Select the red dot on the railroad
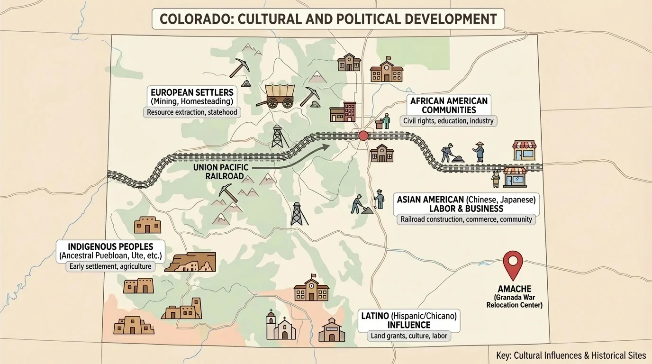[x=363, y=136]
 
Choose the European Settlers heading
[x=192, y=91]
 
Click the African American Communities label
[x=449, y=105]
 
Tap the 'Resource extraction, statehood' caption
[x=192, y=113]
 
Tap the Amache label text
[x=514, y=289]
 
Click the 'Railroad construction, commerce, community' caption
[x=466, y=219]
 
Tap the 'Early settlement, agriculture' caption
[x=110, y=266]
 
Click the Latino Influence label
[x=409, y=320]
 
